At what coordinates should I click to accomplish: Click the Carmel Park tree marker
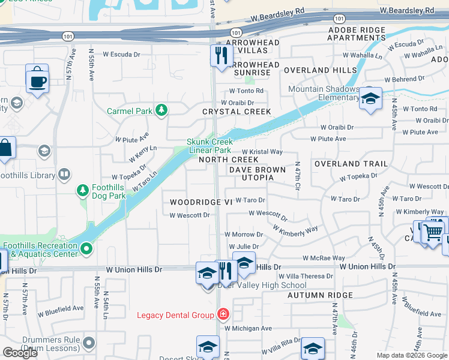pyautogui.click(x=161, y=110)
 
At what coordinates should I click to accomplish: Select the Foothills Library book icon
pyautogui.click(x=64, y=175)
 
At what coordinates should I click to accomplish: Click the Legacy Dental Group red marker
pyautogui.click(x=223, y=314)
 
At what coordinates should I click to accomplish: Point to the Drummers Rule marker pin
pyautogui.click(x=89, y=343)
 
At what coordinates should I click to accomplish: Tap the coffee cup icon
pyautogui.click(x=37, y=79)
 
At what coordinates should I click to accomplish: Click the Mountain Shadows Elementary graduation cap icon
pyautogui.click(x=370, y=98)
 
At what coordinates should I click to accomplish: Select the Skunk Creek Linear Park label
pyautogui.click(x=208, y=146)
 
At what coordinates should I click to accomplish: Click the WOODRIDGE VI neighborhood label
pyautogui.click(x=200, y=202)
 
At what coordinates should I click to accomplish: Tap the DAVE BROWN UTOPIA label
pyautogui.click(x=257, y=174)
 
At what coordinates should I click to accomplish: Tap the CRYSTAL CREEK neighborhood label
pyautogui.click(x=237, y=112)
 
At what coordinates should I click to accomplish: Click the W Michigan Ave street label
pyautogui.click(x=249, y=328)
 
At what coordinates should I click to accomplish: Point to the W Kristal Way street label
pyautogui.click(x=262, y=152)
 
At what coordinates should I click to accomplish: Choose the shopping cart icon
pyautogui.click(x=432, y=231)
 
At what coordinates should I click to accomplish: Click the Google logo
pyautogui.click(x=20, y=353)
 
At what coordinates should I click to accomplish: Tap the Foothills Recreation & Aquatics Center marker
pyautogui.click(x=86, y=247)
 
